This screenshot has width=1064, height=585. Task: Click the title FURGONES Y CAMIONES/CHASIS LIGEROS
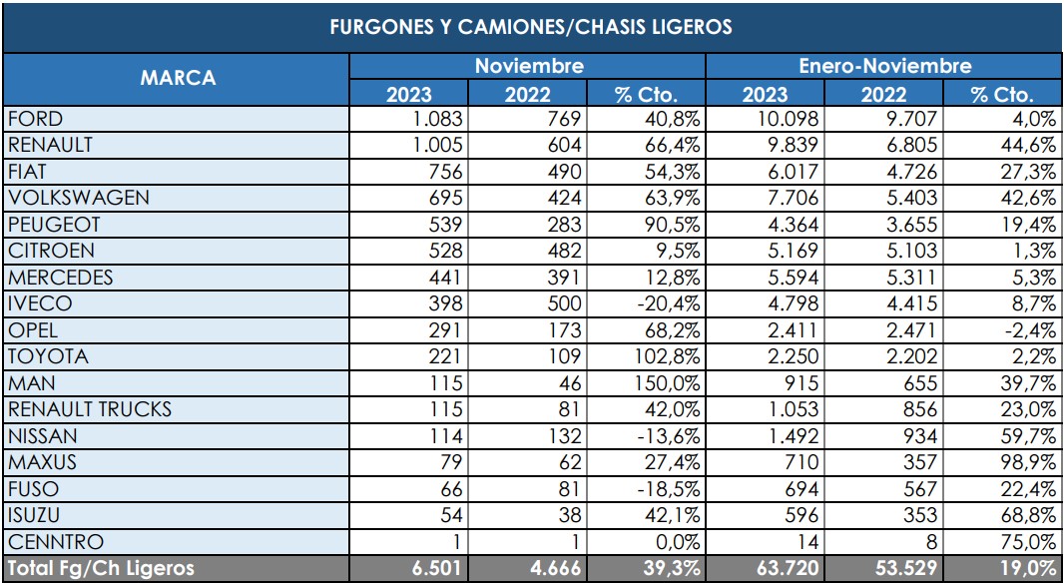531,27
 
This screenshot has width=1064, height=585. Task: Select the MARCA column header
177,79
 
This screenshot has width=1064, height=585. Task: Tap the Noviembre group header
528,66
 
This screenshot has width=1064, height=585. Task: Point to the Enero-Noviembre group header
884,66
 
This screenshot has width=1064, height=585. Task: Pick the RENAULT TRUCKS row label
89,409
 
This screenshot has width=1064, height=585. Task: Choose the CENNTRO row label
55,542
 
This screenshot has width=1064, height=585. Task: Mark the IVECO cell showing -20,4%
668,303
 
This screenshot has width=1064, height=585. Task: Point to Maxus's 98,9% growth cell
1028,462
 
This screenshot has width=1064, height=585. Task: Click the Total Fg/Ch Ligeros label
101,569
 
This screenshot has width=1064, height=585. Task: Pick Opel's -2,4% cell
1030,330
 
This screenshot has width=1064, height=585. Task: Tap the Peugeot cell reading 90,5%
673,225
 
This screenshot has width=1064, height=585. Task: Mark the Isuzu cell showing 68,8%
1028,515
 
